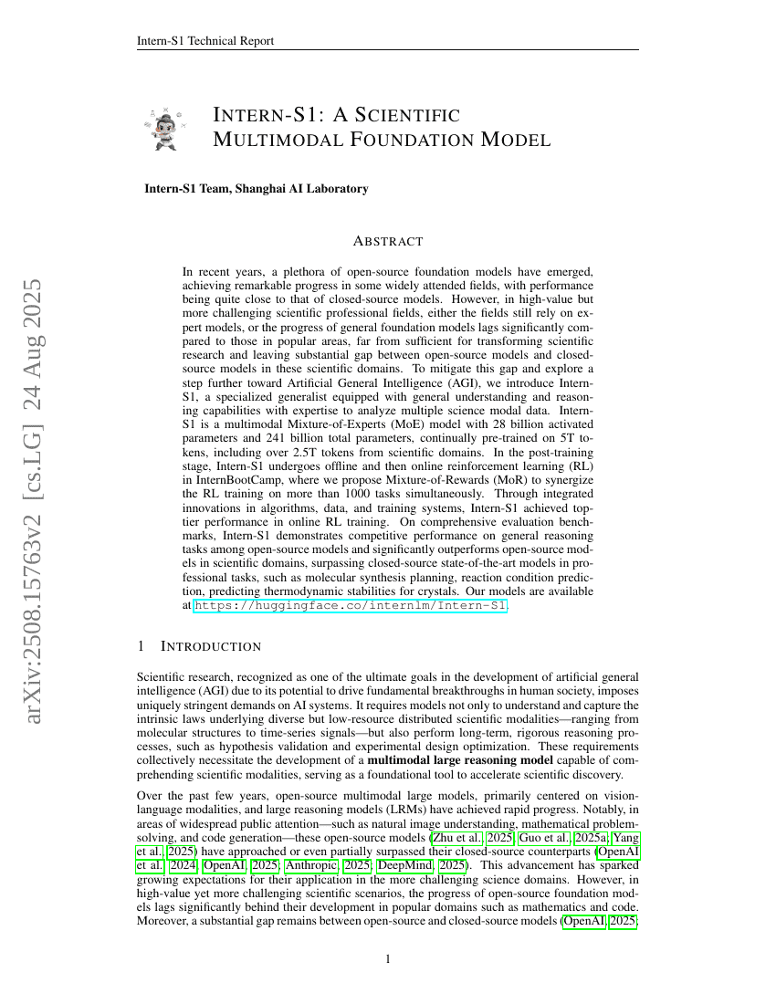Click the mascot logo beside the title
[x=165, y=128]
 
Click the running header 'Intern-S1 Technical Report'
[x=204, y=40]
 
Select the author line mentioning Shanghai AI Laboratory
[x=256, y=189]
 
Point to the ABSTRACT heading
[x=387, y=242]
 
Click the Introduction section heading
[x=211, y=646]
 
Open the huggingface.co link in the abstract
[x=351, y=604]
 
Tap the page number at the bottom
[x=388, y=958]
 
